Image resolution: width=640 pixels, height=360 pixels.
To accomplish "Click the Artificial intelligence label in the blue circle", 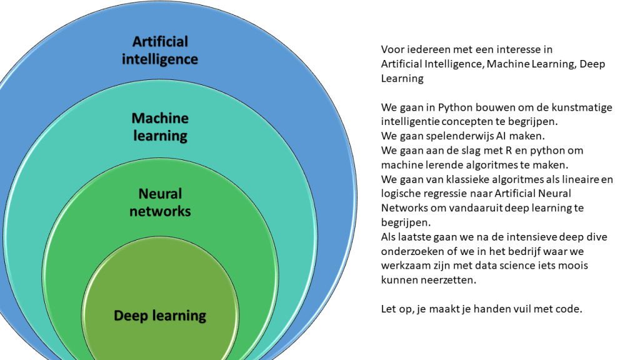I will pyautogui.click(x=160, y=51).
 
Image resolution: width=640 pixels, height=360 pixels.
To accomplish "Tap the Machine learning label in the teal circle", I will pyautogui.click(x=160, y=126).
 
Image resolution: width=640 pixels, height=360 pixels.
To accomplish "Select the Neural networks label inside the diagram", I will pyautogui.click(x=160, y=202).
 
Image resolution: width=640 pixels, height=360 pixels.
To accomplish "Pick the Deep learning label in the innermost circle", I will pyautogui.click(x=160, y=316).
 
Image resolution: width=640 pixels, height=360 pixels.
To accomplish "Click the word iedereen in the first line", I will pyautogui.click(x=422, y=49).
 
